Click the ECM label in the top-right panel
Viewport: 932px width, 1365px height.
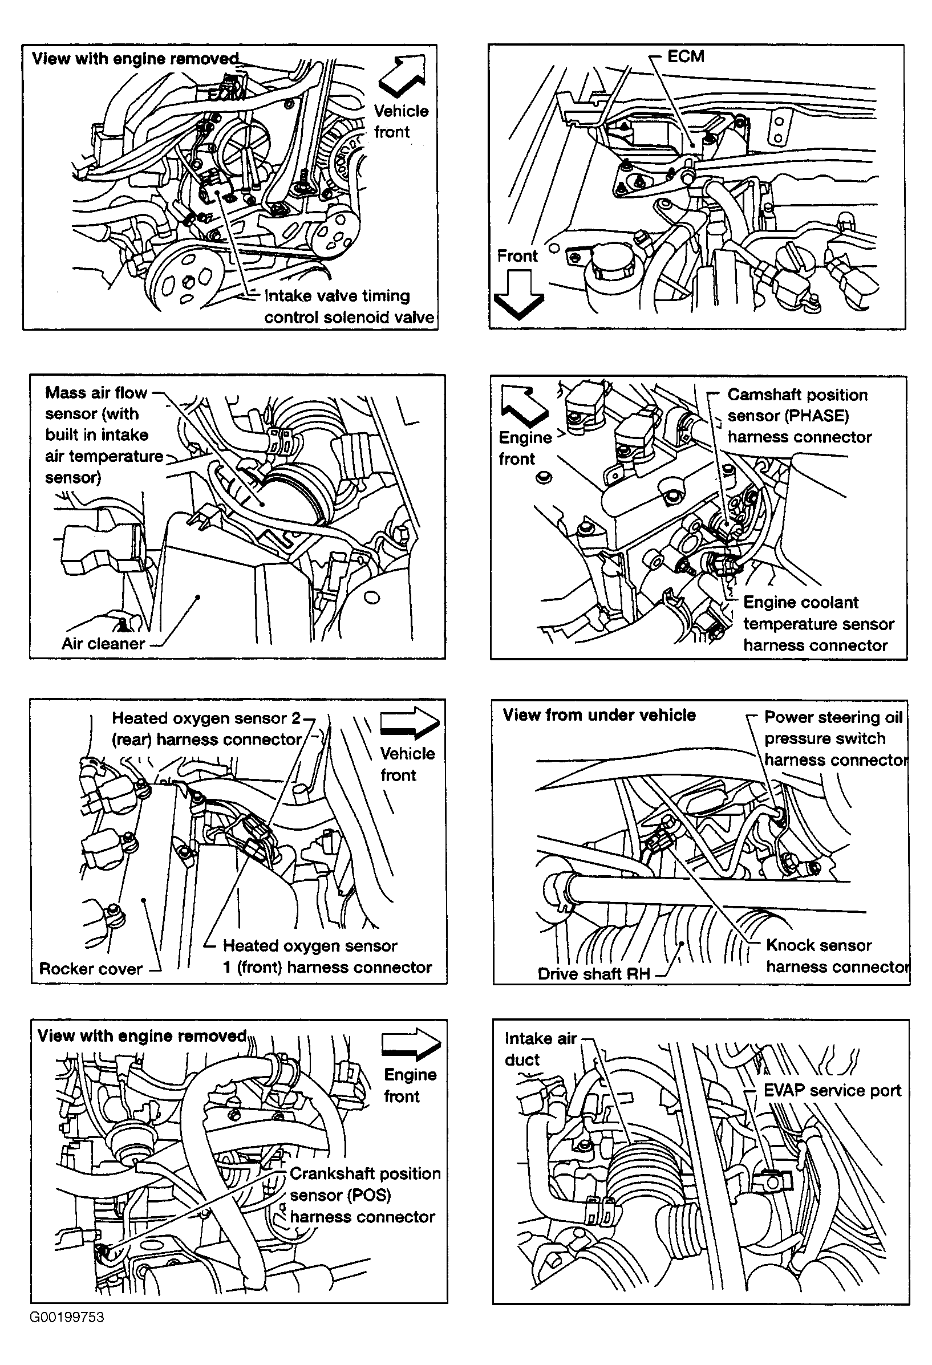pos(685,56)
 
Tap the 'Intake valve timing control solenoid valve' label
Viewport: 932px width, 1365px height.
pos(349,307)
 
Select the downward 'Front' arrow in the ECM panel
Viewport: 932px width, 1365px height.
pos(518,294)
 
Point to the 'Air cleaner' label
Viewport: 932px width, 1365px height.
pos(103,644)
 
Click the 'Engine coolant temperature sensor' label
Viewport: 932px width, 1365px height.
pos(817,624)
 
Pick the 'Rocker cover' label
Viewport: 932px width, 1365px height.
pos(91,969)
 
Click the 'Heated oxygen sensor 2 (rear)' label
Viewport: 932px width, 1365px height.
pos(206,729)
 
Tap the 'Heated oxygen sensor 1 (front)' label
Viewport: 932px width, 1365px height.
pos(327,956)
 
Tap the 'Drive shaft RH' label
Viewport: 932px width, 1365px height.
pos(594,974)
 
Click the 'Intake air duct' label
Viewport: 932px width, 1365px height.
pos(540,1049)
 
